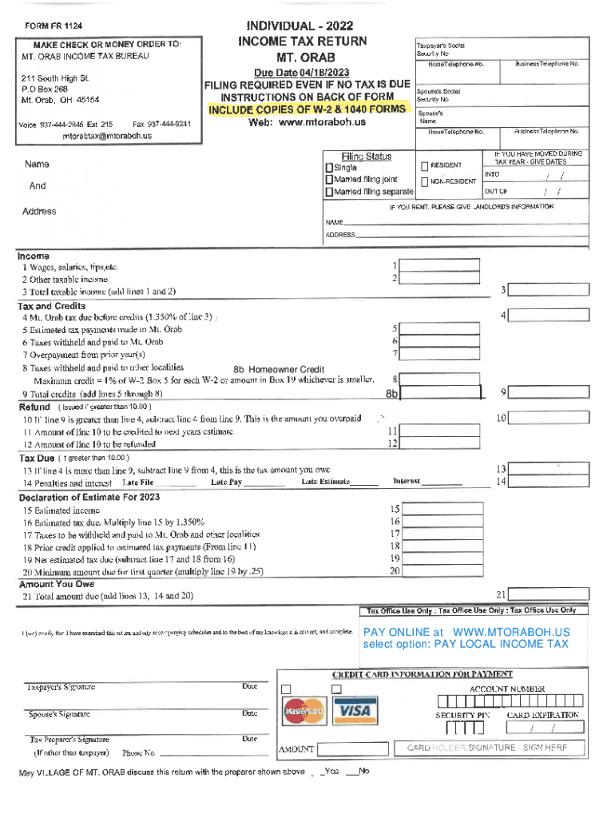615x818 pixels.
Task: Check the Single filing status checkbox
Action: (x=328, y=169)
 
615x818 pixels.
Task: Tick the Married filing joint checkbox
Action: (x=328, y=181)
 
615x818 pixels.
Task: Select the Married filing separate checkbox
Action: (x=328, y=193)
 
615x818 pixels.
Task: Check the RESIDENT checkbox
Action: (x=425, y=165)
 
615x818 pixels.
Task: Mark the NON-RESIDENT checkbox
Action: (x=425, y=181)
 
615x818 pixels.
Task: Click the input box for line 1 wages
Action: (x=440, y=265)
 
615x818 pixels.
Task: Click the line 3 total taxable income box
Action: (x=550, y=290)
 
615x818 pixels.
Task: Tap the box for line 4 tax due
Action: (x=550, y=316)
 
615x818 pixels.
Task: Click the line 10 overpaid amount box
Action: (x=550, y=418)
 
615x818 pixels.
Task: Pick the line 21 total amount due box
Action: (x=550, y=594)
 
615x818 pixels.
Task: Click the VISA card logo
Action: (x=352, y=711)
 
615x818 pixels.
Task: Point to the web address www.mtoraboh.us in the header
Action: (x=307, y=122)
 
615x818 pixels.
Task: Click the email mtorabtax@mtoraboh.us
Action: (x=106, y=136)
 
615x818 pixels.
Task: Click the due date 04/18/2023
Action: (x=307, y=73)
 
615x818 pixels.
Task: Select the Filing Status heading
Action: (x=366, y=157)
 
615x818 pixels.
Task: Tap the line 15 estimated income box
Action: (x=440, y=509)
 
